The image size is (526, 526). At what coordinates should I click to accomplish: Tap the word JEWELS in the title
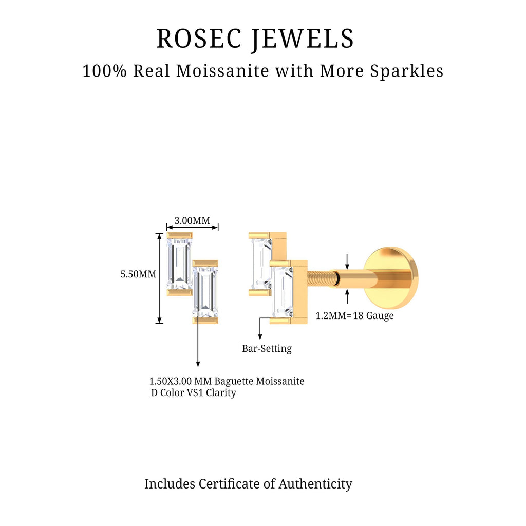303,39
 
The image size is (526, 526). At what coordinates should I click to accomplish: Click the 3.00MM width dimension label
192,221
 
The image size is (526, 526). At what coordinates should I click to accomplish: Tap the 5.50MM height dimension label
138,274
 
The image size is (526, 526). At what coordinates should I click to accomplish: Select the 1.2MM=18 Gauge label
354,316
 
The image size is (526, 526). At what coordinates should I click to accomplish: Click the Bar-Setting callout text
267,349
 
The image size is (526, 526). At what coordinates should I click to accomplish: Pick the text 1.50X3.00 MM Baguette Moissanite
227,381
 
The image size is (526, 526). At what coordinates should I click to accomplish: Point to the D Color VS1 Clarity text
194,393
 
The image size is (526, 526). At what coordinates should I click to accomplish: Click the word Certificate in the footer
237,484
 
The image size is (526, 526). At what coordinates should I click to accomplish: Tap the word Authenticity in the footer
315,484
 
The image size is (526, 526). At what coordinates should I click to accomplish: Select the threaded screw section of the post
321,280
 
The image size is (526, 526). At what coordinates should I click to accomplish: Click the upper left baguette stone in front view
179,264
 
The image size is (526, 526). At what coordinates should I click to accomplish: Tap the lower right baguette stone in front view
205,292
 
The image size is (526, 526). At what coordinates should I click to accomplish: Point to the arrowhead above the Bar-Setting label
260,336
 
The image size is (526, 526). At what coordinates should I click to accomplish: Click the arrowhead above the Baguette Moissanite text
198,364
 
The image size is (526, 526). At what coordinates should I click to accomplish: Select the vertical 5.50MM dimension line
159,277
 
